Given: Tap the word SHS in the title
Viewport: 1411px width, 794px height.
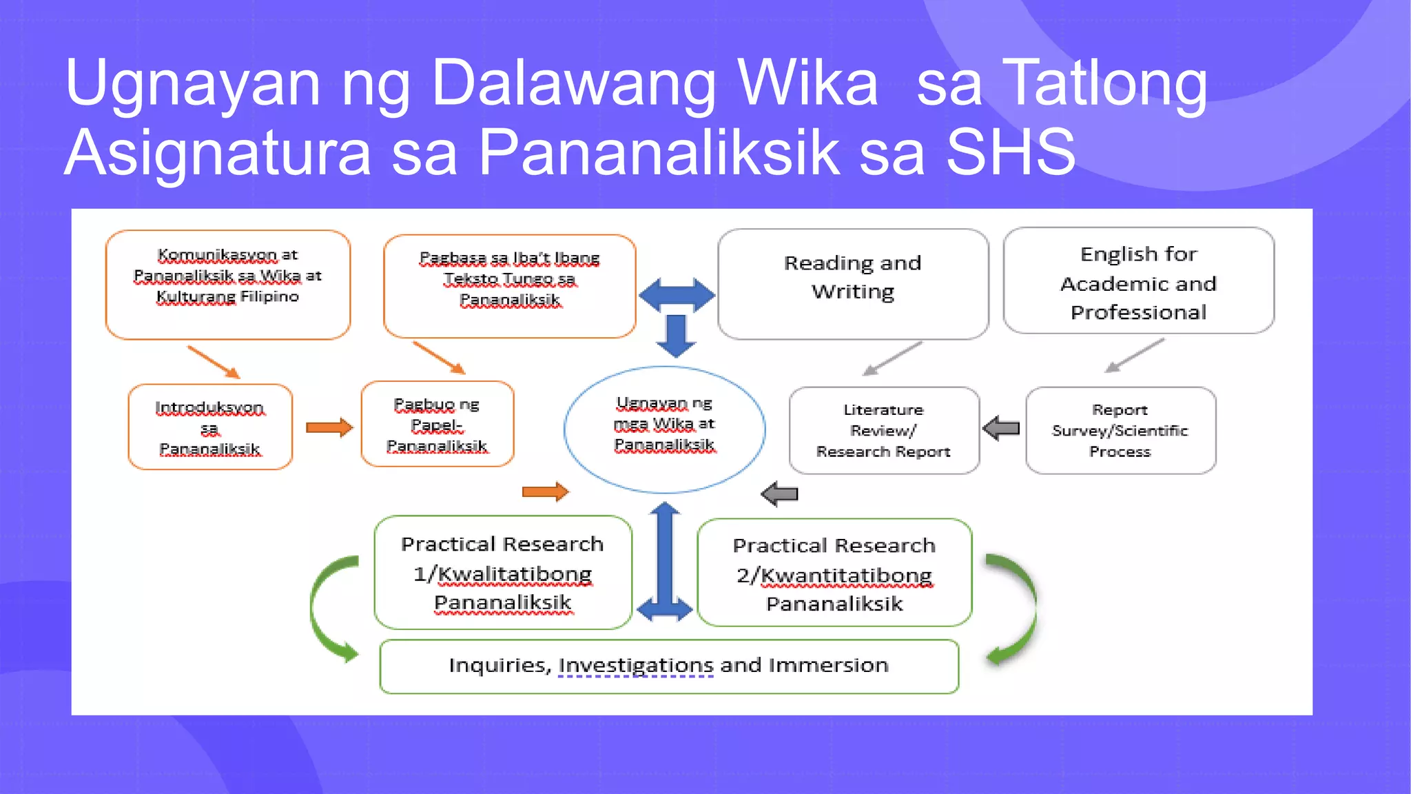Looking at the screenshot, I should [x=1010, y=152].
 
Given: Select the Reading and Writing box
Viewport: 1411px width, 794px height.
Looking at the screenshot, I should [x=852, y=283].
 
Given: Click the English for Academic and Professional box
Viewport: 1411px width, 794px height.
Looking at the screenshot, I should [x=1138, y=282].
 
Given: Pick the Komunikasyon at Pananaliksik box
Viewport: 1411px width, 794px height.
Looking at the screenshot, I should [x=228, y=284].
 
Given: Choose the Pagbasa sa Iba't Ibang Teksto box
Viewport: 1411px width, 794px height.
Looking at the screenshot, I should [x=509, y=285].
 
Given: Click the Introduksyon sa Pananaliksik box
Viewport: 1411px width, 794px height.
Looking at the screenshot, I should [x=210, y=427].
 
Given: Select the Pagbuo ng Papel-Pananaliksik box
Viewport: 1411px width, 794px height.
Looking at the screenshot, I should [x=437, y=424].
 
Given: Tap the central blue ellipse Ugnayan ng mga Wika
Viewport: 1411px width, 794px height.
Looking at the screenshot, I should [x=664, y=429].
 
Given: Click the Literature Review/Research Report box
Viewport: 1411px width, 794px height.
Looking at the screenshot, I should [x=883, y=430].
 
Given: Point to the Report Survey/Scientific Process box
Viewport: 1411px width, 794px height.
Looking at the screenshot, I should [x=1120, y=430].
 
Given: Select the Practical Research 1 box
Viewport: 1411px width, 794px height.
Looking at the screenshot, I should [x=502, y=572].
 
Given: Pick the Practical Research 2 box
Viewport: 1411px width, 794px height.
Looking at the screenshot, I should [x=834, y=573].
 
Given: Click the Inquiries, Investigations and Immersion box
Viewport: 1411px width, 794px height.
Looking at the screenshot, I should [x=668, y=666].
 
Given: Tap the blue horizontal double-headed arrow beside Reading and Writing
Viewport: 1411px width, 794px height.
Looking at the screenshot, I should [x=677, y=295].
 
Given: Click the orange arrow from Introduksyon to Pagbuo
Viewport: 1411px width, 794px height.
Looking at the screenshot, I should [x=329, y=427].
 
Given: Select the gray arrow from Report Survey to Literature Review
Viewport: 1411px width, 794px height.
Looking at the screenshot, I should [x=1002, y=428].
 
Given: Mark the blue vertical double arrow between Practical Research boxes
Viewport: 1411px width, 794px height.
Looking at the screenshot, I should [x=665, y=562].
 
